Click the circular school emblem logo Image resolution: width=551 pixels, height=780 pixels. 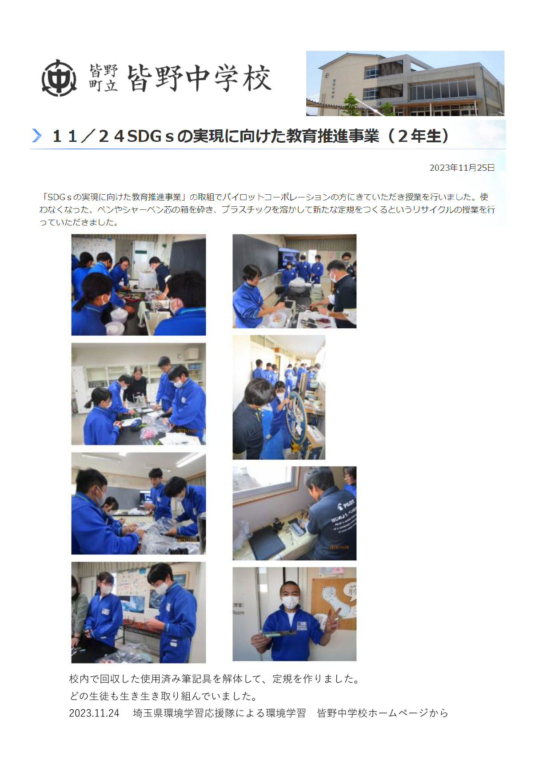pyautogui.click(x=59, y=78)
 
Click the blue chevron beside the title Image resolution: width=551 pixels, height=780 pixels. pyautogui.click(x=37, y=136)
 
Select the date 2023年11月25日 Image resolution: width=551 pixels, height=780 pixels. pyautogui.click(x=462, y=168)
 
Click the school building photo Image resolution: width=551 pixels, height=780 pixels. pyautogui.click(x=405, y=83)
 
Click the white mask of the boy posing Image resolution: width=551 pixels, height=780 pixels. pyautogui.click(x=290, y=603)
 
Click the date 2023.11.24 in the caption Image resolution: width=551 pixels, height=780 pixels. pyautogui.click(x=94, y=713)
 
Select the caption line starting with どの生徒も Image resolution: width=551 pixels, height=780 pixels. pyautogui.click(x=164, y=696)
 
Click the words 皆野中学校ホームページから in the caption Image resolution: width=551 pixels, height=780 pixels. pyautogui.click(x=383, y=713)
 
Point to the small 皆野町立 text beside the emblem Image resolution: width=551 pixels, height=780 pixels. pyautogui.click(x=104, y=78)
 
